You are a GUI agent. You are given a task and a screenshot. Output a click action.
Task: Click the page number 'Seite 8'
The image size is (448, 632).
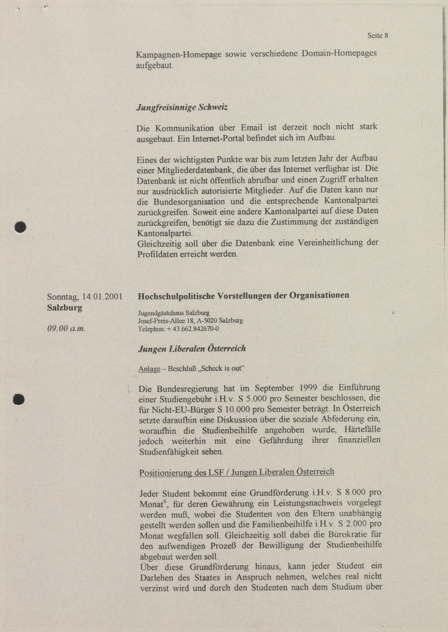point(378,36)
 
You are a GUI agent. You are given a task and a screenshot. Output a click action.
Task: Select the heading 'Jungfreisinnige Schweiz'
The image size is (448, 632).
point(182,108)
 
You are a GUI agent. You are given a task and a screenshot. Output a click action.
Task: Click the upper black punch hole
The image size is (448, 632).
point(20,227)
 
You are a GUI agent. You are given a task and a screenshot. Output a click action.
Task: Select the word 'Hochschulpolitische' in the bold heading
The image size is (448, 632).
point(176,296)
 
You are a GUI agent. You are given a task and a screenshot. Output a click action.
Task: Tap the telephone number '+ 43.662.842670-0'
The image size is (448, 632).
point(193,329)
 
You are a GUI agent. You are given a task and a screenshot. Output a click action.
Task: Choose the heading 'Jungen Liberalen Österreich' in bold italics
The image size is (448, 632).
point(192,349)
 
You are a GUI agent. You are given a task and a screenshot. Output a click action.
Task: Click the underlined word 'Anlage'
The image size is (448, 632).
point(149,369)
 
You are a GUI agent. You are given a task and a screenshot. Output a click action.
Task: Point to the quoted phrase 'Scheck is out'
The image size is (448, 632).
point(222,369)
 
